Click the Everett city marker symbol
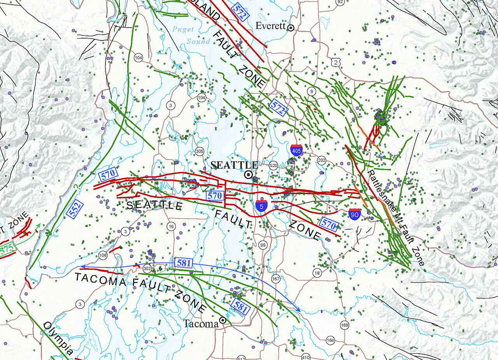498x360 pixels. [x=290, y=27]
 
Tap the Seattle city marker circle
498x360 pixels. [x=248, y=175]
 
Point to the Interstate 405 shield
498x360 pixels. [x=297, y=150]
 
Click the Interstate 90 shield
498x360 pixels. [x=354, y=214]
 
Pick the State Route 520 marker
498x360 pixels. [x=274, y=166]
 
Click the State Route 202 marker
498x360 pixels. [x=322, y=160]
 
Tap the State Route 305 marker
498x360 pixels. [x=200, y=151]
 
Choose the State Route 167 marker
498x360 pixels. [x=276, y=279]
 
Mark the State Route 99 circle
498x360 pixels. [x=263, y=244]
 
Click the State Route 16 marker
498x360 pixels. [x=171, y=226]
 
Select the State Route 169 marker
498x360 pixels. [x=344, y=325]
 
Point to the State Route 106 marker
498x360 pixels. [x=103, y=255]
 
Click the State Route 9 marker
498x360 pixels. [x=311, y=91]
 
